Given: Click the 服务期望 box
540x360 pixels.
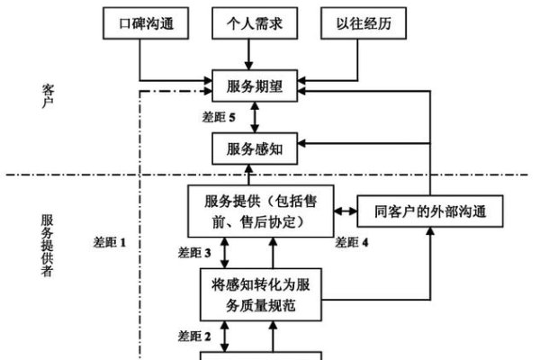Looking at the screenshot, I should click(x=254, y=87).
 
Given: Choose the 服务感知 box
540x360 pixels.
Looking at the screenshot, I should click(x=254, y=145).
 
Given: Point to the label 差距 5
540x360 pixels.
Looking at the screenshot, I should click(x=221, y=117).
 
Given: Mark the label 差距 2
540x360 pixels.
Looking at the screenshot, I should click(x=195, y=336).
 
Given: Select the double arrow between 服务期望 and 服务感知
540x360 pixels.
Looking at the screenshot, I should click(x=254, y=116).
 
